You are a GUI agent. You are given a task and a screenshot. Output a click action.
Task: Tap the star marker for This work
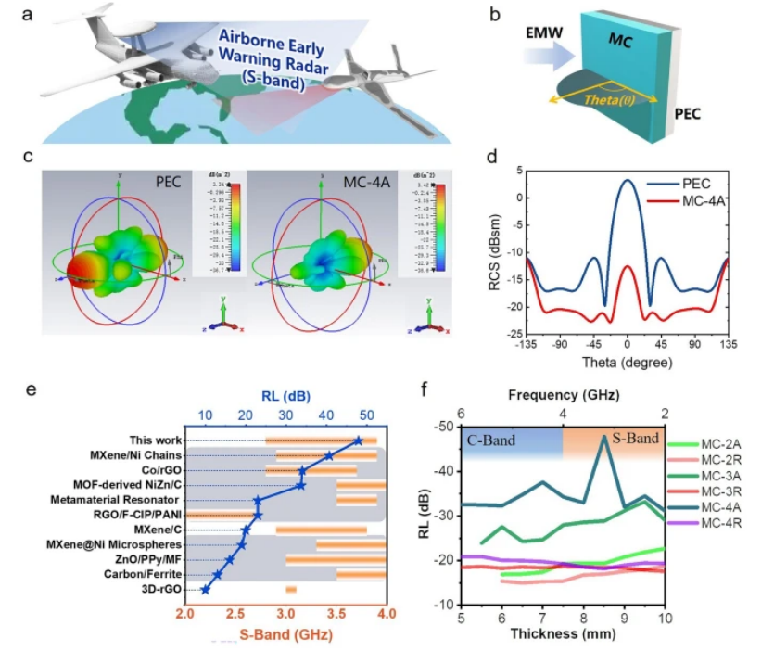point(358,440)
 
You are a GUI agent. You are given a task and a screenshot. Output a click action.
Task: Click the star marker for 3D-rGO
point(206,589)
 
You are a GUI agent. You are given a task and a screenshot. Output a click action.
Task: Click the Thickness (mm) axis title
point(563,634)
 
